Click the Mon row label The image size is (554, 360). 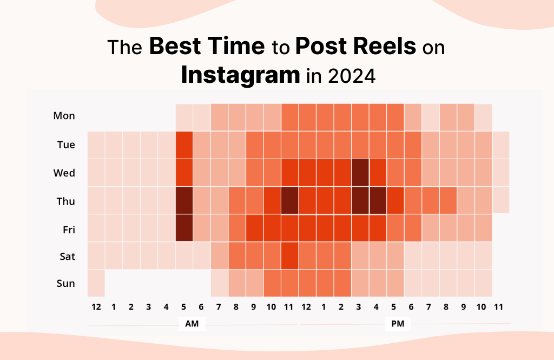pos(64,116)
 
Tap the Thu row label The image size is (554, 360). pos(65,201)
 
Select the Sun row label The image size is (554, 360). pos(65,283)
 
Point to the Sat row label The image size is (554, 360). pos(67,256)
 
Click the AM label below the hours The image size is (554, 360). pos(191,324)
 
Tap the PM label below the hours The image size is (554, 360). pos(398,324)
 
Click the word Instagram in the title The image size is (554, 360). pos(240,74)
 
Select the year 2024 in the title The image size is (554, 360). pos(351,75)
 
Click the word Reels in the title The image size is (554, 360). pos(384,47)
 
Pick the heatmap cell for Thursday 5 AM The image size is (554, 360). pos(184,201)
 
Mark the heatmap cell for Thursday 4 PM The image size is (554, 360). pos(378,201)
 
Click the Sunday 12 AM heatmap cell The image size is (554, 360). pos(96,283)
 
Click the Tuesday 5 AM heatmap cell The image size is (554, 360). pos(184,145)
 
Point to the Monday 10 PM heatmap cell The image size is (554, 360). pos(483,116)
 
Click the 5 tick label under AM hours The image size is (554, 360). pos(184,307)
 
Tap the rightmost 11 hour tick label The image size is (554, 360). pos(498,307)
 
